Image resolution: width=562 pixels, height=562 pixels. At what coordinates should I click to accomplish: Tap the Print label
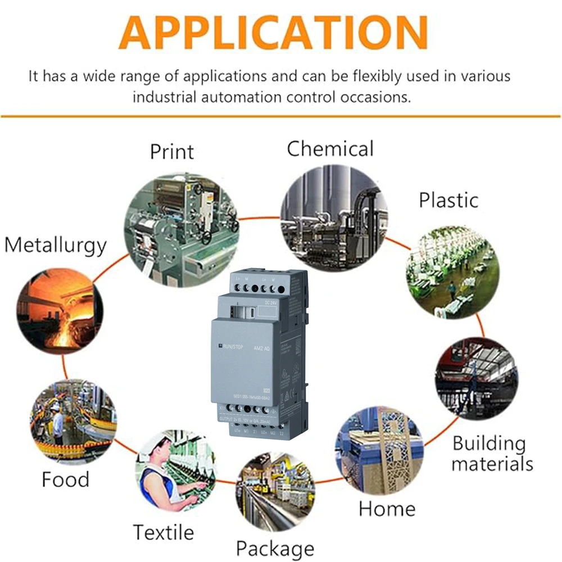(171, 152)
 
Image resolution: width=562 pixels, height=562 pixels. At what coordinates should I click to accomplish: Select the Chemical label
(330, 149)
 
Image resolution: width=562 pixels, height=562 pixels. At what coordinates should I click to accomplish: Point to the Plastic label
(448, 200)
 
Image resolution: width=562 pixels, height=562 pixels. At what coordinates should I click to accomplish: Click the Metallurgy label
(55, 246)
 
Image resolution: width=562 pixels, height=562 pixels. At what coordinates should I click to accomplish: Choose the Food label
(65, 479)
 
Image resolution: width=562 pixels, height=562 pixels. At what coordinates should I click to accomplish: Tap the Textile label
(163, 532)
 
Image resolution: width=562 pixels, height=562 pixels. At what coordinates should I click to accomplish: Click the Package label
(275, 548)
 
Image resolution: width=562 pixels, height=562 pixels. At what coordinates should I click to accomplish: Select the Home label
(387, 509)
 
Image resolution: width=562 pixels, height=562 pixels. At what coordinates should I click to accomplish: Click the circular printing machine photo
(181, 229)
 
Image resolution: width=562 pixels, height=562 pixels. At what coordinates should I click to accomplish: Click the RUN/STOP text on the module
(237, 347)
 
